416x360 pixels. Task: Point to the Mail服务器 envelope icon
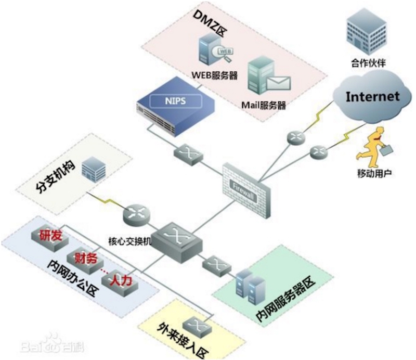click(278, 82)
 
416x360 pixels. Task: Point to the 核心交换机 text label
click(130, 242)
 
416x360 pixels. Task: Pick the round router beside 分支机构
click(137, 213)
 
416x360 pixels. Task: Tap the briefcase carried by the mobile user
click(386, 149)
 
